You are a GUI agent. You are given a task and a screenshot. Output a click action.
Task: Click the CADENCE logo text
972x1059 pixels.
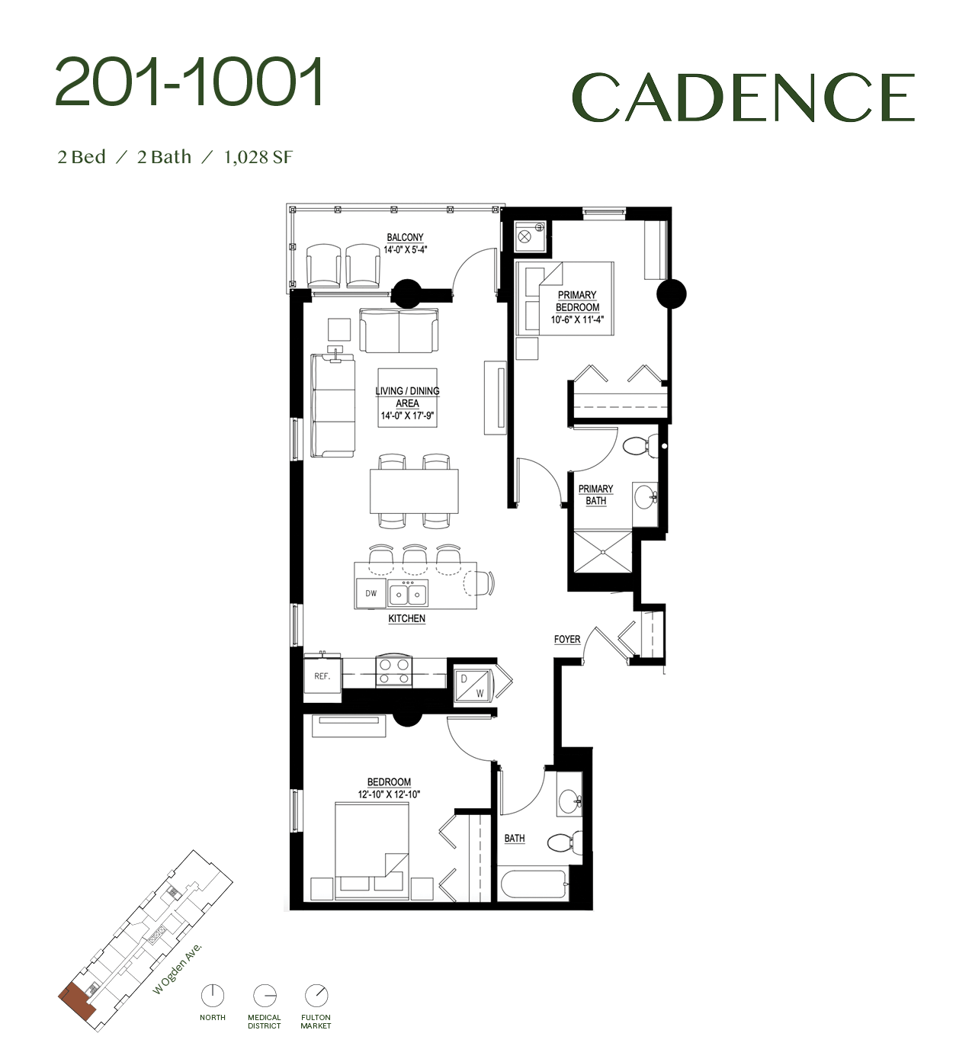tap(743, 97)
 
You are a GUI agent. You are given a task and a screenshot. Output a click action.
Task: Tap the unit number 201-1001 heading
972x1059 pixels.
tap(190, 82)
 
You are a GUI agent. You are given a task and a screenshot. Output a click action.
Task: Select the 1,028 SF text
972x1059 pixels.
tap(258, 157)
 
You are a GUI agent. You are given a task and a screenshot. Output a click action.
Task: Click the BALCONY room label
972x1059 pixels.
tap(405, 238)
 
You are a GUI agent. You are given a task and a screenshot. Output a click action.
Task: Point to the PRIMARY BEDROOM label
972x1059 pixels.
tap(577, 301)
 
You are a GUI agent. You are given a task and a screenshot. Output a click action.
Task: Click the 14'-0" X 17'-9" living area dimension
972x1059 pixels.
tap(407, 416)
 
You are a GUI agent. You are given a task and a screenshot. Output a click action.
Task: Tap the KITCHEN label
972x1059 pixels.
tap(406, 618)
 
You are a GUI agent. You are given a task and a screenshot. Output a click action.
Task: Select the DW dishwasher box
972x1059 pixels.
tap(371, 593)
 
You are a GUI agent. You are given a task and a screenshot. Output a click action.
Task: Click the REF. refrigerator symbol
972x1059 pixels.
tap(322, 676)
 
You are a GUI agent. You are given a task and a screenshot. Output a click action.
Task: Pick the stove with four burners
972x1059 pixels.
tap(393, 671)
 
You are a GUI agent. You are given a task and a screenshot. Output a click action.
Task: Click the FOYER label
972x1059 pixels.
tap(567, 639)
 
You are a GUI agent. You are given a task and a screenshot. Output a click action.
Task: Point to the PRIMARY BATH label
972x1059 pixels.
tap(595, 495)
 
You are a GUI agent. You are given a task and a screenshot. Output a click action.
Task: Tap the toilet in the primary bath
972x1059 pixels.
tap(639, 445)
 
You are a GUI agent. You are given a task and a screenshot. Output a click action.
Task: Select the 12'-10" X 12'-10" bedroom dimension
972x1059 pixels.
tap(389, 794)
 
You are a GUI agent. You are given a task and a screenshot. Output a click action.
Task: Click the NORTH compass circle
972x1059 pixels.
tap(213, 995)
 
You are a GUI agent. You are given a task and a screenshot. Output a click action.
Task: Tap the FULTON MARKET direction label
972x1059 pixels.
tap(316, 1022)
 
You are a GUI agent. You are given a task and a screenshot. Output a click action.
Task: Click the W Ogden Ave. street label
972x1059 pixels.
tap(178, 968)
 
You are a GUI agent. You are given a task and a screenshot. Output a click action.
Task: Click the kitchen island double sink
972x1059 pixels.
tap(408, 593)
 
